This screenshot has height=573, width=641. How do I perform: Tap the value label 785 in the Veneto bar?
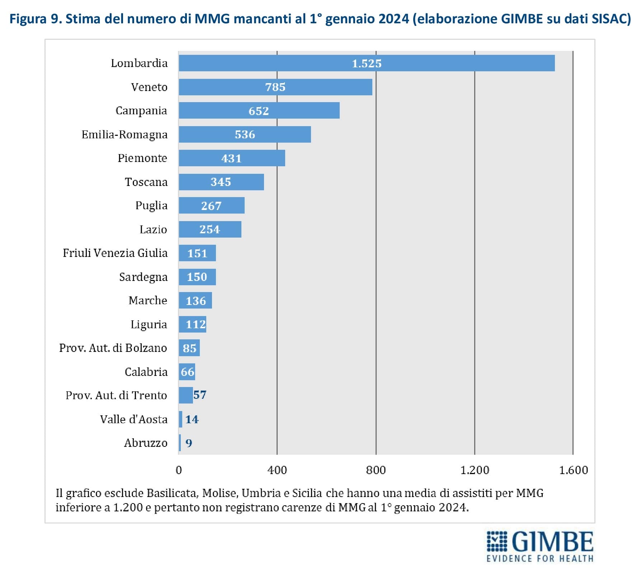[275, 87]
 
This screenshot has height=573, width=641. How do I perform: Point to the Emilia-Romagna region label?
[124, 134]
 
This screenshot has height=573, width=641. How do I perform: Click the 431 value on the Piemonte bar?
[231, 158]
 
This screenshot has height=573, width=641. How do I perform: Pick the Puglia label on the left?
[151, 206]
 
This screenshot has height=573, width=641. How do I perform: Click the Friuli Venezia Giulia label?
[115, 253]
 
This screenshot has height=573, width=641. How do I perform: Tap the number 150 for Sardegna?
[197, 277]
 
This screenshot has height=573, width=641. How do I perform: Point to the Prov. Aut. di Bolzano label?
[113, 348]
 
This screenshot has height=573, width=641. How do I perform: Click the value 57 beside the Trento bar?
[200, 395]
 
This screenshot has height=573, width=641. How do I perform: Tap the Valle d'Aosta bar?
[180, 419]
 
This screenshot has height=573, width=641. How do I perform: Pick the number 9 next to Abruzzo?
[189, 443]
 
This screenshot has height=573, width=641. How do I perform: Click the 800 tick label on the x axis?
[376, 470]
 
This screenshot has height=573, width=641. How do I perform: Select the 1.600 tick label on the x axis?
[573, 470]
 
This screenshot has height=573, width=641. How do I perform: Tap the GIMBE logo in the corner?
[540, 546]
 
